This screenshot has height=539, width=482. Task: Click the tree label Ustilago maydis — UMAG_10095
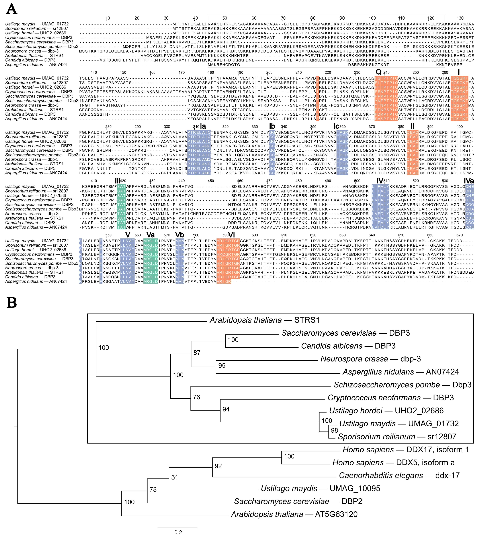click(320, 488)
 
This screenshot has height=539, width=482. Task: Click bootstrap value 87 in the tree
click(197, 353)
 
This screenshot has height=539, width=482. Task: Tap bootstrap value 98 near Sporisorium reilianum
click(335, 430)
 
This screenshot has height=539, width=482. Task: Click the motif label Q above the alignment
click(379, 72)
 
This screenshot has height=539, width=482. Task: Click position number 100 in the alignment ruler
click(372, 18)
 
